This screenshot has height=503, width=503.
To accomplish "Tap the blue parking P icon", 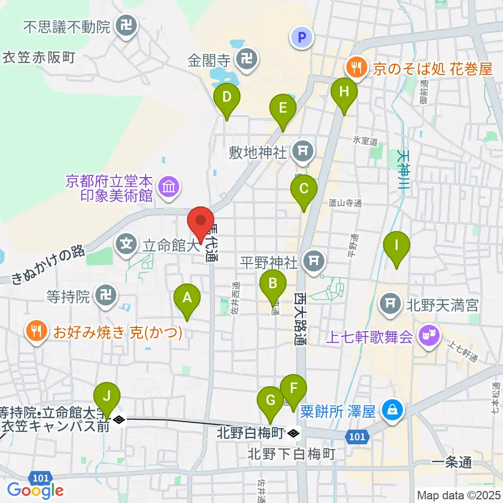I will pyautogui.click(x=301, y=37).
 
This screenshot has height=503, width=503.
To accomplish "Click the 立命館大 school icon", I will pyautogui.click(x=126, y=243).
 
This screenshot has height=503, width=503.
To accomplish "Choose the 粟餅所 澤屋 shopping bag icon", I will pyautogui.click(x=392, y=408).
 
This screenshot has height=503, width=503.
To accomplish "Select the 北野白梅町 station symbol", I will pyautogui.click(x=294, y=433).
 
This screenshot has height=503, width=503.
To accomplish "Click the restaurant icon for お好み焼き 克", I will pyautogui.click(x=36, y=330).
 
